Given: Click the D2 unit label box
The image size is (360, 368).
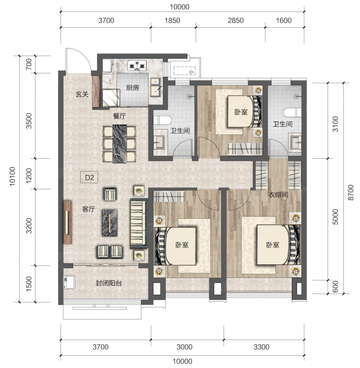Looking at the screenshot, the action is click(89, 177).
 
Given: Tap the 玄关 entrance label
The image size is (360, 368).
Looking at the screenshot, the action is click(82, 95).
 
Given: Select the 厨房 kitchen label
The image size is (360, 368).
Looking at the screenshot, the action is click(133, 88).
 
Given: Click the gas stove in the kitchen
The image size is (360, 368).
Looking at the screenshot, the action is click(137, 66).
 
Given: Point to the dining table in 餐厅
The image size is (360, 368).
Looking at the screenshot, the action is click(120, 144).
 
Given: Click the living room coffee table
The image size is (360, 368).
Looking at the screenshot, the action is click(110, 223).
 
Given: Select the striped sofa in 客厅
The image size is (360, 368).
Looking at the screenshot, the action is click(139, 223).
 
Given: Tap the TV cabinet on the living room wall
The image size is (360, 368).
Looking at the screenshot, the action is click(68, 222).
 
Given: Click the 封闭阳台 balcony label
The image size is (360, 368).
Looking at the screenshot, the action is click(109, 283).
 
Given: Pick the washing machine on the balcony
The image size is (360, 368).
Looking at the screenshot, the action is click(69, 283).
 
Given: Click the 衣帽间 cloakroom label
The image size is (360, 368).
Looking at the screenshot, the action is click(278, 195).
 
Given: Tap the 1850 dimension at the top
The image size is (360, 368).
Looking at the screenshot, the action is click(172, 20).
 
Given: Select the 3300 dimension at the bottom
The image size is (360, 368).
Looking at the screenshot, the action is click(262, 347).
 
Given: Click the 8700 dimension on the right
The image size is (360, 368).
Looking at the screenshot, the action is click(350, 193).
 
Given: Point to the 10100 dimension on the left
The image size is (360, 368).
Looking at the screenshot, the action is click(12, 176).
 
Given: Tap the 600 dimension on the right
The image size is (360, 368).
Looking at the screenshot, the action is click(336, 287).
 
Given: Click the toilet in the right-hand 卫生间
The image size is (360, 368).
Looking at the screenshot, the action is click(292, 112).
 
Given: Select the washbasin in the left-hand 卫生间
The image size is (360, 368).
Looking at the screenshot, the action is click(159, 142).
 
